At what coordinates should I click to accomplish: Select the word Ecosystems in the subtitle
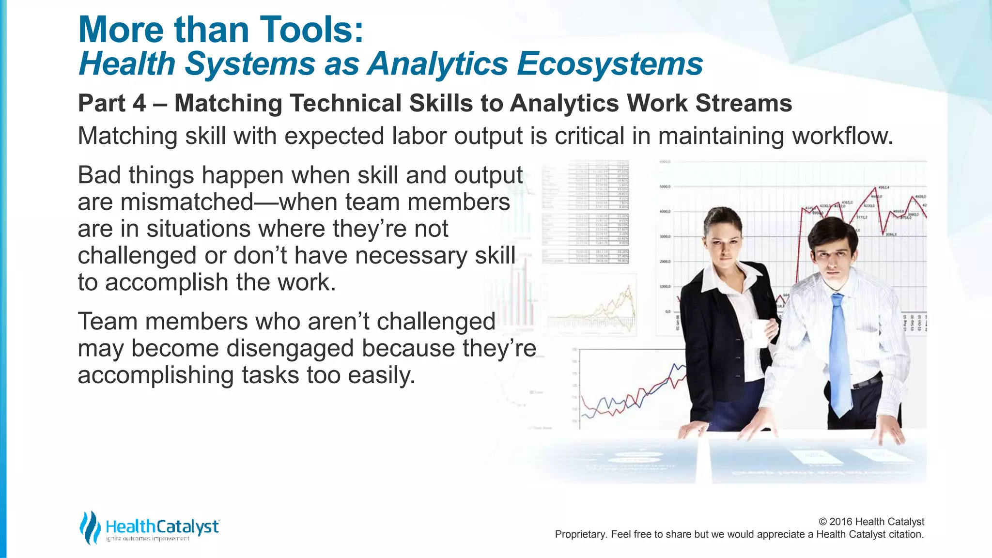610,64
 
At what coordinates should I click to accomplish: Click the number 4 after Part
139,103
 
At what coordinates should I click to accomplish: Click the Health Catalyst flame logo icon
90,527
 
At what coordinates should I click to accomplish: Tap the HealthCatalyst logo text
162,527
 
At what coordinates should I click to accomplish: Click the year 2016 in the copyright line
841,522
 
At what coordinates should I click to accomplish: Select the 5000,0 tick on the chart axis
665,187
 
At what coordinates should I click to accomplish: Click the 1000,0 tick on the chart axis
665,287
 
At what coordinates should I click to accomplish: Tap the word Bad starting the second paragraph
99,175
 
